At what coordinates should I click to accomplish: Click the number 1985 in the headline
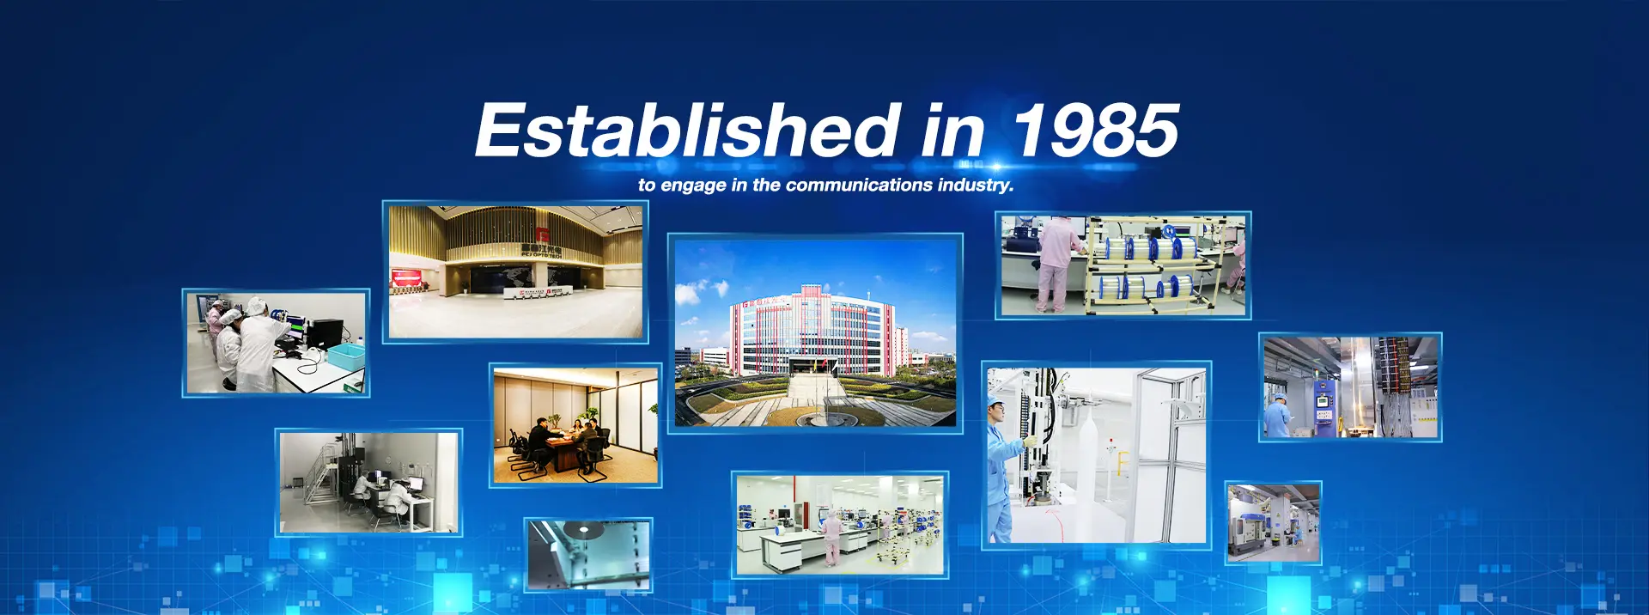coord(1096,130)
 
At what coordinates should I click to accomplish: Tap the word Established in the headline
coord(687,130)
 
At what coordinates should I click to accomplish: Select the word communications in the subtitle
coord(859,185)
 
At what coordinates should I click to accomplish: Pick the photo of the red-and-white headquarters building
coord(815,332)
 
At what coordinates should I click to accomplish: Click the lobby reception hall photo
coord(515,271)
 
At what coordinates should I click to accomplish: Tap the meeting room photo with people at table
coord(575,425)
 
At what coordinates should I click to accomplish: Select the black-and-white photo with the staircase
coord(369,482)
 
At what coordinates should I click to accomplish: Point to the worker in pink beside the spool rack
coord(1053,263)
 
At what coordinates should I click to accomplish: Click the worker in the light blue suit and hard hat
coord(1005,468)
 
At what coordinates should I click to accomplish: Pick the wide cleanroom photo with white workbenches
coord(840,524)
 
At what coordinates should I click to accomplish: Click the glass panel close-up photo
coord(588,554)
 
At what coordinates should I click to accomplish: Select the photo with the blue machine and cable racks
coord(1350,387)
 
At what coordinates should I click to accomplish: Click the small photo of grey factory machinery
coord(1273,522)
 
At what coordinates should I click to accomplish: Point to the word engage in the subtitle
coord(693,186)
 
